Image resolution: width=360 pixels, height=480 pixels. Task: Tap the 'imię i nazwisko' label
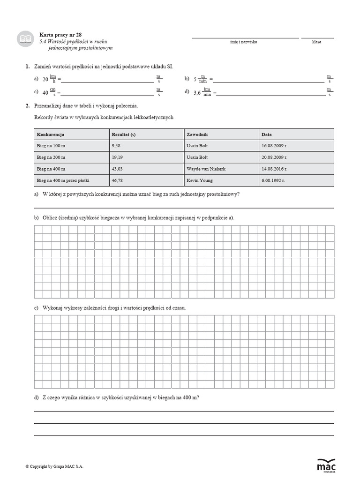click(x=244, y=42)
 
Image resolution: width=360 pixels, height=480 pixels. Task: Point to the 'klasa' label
click(x=317, y=42)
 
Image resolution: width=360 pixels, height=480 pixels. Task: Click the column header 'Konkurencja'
click(x=50, y=134)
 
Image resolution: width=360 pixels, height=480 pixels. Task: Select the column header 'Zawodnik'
click(x=197, y=134)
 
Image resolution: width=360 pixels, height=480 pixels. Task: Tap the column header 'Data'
click(x=267, y=134)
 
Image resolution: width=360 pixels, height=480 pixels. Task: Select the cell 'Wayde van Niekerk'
click(x=206, y=168)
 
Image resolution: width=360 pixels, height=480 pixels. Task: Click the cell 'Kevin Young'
click(x=199, y=180)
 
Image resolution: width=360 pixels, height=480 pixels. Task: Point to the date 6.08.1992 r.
click(x=275, y=180)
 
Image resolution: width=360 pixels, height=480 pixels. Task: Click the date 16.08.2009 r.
click(x=276, y=146)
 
